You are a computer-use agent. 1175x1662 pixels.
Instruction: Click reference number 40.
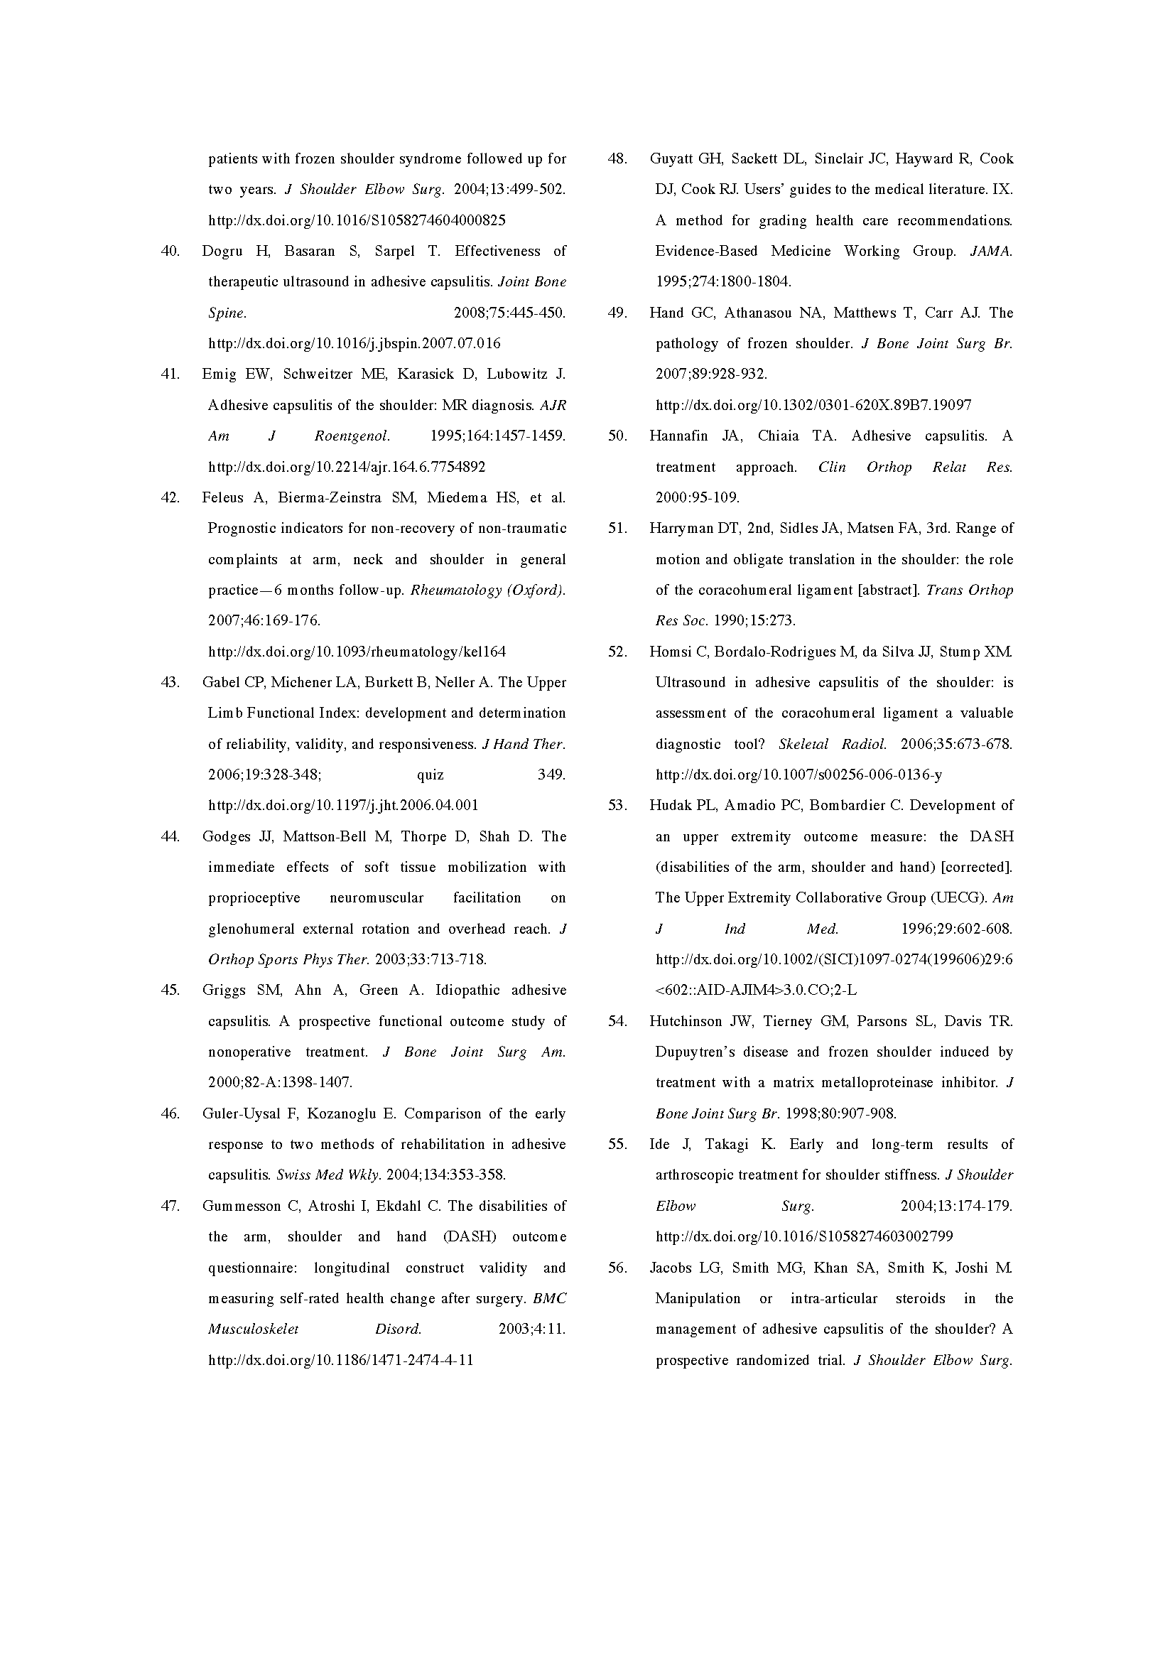click(170, 251)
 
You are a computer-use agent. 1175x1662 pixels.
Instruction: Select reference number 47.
click(170, 1206)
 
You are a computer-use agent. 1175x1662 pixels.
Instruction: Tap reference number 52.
click(617, 652)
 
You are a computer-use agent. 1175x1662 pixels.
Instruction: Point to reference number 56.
click(617, 1268)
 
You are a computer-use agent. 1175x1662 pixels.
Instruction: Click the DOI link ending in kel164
click(357, 652)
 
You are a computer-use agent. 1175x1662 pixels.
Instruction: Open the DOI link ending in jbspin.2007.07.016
click(354, 343)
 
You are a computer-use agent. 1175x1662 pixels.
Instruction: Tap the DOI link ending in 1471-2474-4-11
click(341, 1359)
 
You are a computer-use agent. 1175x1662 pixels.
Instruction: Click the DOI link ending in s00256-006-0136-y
click(798, 775)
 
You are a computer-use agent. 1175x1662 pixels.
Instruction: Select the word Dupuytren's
click(695, 1052)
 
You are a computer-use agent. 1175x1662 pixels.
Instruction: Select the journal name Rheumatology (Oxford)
click(487, 590)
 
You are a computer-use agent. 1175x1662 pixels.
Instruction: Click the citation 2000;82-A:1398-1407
click(280, 1083)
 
